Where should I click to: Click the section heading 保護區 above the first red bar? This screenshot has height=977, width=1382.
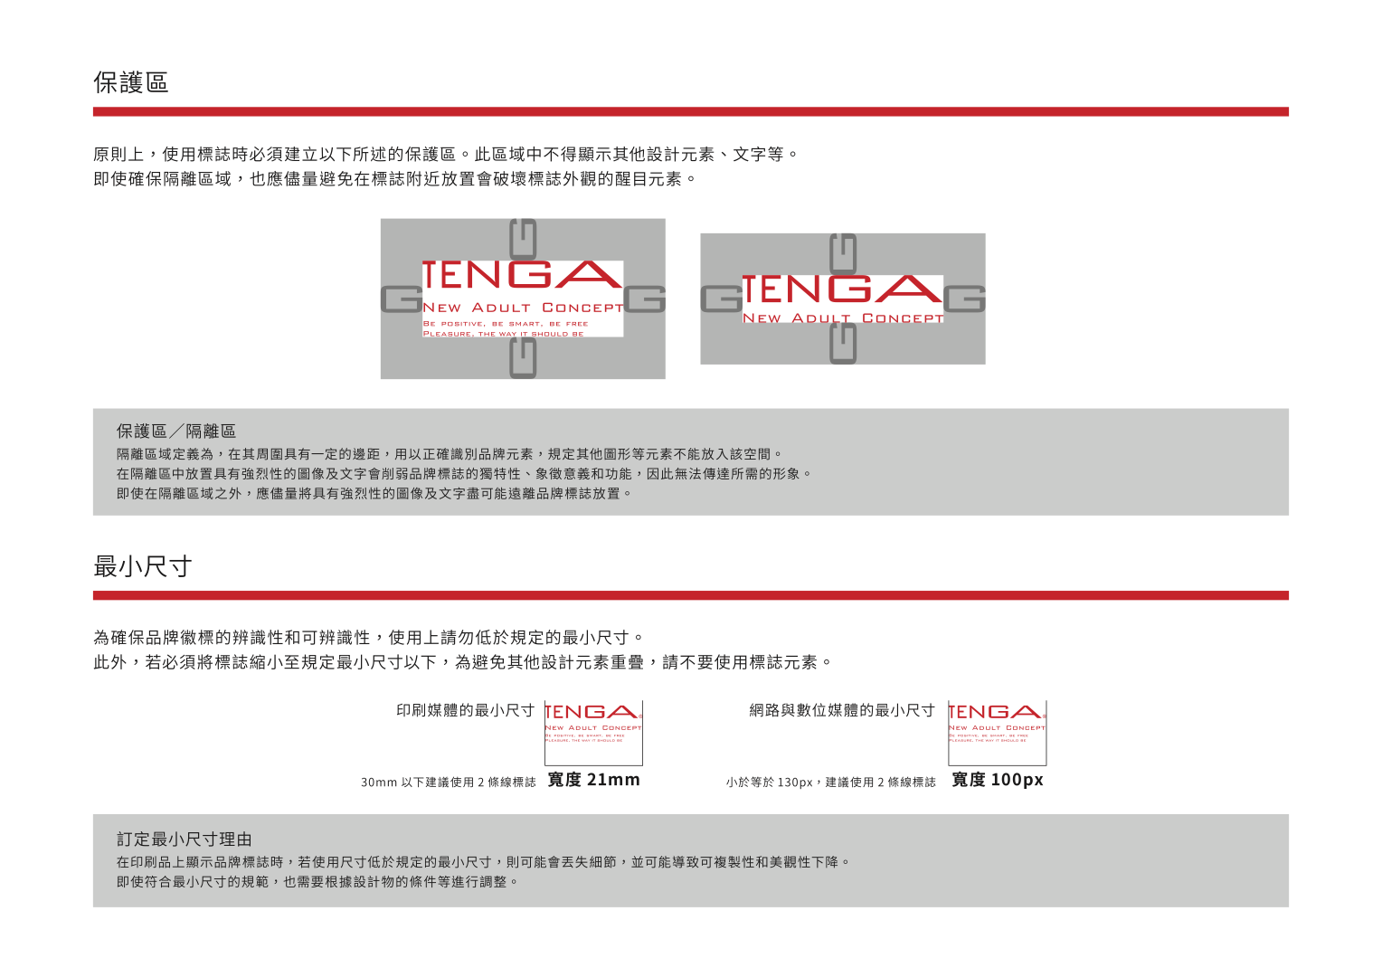click(131, 82)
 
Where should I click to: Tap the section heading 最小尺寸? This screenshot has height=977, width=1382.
click(143, 566)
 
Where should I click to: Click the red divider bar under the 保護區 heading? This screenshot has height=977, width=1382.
click(690, 111)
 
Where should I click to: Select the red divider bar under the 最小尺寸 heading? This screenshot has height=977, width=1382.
click(690, 595)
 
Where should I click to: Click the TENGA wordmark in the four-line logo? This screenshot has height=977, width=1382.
click(522, 275)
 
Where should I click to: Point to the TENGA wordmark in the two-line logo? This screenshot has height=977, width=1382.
click(842, 289)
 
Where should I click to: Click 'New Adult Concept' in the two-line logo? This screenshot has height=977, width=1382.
click(842, 318)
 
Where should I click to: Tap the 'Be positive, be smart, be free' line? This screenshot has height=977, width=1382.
click(506, 323)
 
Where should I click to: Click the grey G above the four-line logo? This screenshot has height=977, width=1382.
click(523, 239)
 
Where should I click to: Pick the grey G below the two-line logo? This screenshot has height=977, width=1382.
click(843, 344)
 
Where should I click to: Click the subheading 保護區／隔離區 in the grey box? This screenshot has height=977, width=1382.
click(176, 432)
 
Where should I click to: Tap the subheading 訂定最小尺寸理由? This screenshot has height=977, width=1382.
click(185, 839)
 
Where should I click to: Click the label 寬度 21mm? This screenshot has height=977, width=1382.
click(593, 780)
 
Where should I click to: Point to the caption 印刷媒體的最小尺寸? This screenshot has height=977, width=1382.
click(465, 710)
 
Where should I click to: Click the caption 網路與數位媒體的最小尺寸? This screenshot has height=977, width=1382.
click(842, 710)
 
